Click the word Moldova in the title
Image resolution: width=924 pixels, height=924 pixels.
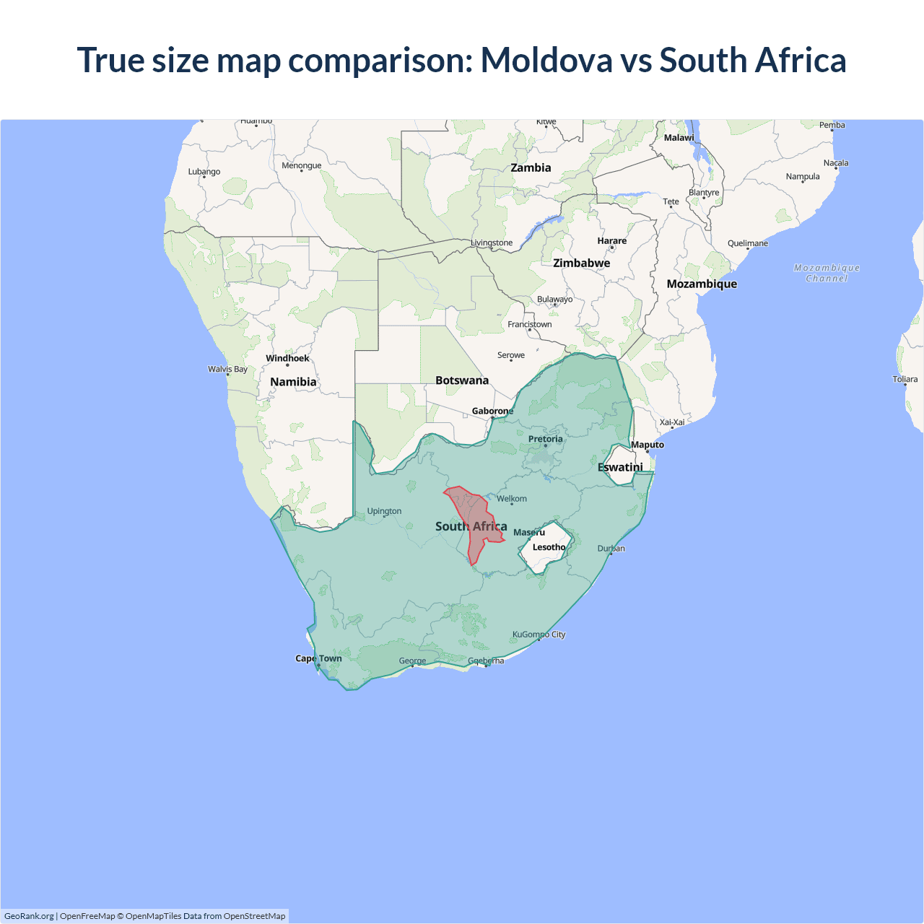(546, 60)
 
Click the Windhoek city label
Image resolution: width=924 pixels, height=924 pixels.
(287, 358)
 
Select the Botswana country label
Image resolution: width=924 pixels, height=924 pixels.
(462, 380)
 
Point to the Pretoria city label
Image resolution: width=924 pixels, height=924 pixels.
(545, 439)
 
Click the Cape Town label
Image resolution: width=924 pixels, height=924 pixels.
(318, 658)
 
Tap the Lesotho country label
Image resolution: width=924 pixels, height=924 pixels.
(549, 547)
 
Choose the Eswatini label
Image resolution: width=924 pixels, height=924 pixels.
(620, 467)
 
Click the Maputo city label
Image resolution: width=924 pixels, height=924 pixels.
(648, 445)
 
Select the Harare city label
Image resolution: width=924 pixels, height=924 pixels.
(611, 241)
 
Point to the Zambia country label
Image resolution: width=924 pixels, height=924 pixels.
(531, 167)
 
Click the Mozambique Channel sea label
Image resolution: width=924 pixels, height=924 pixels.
(827, 273)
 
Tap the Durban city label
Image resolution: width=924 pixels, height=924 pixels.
(611, 549)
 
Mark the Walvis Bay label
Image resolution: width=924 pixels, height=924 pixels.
(227, 369)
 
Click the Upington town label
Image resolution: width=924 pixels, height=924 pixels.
(384, 511)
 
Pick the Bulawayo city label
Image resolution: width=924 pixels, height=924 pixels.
(554, 299)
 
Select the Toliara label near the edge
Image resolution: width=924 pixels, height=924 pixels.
(905, 379)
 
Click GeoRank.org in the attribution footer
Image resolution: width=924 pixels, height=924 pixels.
(29, 916)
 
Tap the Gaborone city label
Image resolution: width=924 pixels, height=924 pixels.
(492, 411)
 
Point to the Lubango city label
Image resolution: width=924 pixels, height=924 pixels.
(204, 172)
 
